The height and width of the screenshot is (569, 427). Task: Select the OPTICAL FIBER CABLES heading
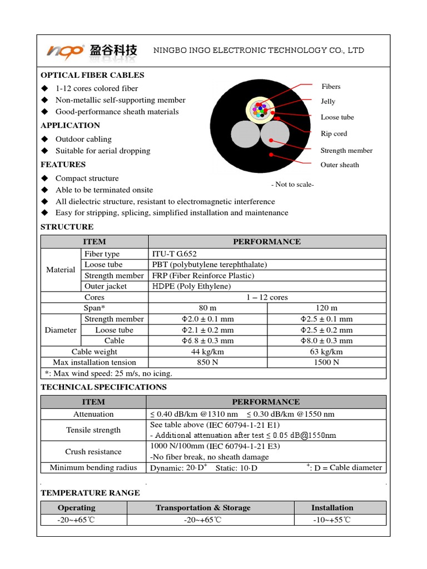coord(92,75)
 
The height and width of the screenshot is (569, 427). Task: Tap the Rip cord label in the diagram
coord(334,133)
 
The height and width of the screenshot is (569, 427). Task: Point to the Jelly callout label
coord(328,101)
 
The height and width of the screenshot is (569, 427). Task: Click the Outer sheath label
coord(340,164)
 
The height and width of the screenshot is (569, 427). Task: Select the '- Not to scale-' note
coord(292,184)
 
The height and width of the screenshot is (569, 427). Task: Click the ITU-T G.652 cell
coord(174,254)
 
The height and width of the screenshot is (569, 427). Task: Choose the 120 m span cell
coord(326,308)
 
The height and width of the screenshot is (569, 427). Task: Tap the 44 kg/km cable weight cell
coord(208,352)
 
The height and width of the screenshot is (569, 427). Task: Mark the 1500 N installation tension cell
coord(326,362)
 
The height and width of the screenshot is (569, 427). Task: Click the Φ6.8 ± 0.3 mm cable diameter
coord(208,341)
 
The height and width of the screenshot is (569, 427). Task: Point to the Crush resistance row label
coord(93,452)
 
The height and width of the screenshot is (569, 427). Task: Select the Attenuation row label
coord(93,414)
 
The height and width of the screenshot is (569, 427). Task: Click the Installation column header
coord(332,507)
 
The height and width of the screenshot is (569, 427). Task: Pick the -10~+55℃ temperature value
coord(332,520)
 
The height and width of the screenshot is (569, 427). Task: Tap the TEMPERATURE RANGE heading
coord(90,492)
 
